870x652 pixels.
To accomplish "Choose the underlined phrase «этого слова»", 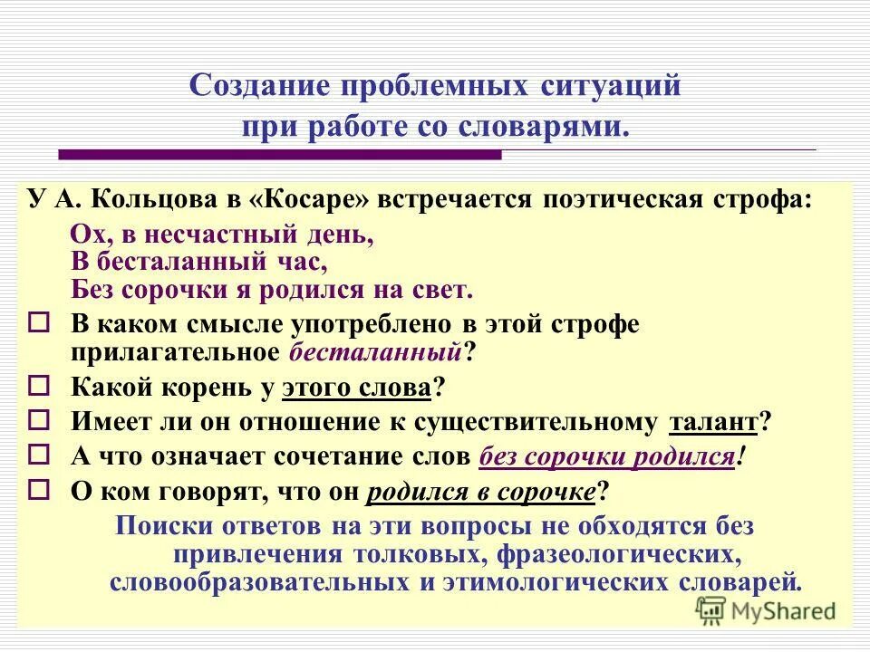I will (x=356, y=388).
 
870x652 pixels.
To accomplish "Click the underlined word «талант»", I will (x=712, y=422).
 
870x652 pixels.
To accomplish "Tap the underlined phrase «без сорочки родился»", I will (x=605, y=456).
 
